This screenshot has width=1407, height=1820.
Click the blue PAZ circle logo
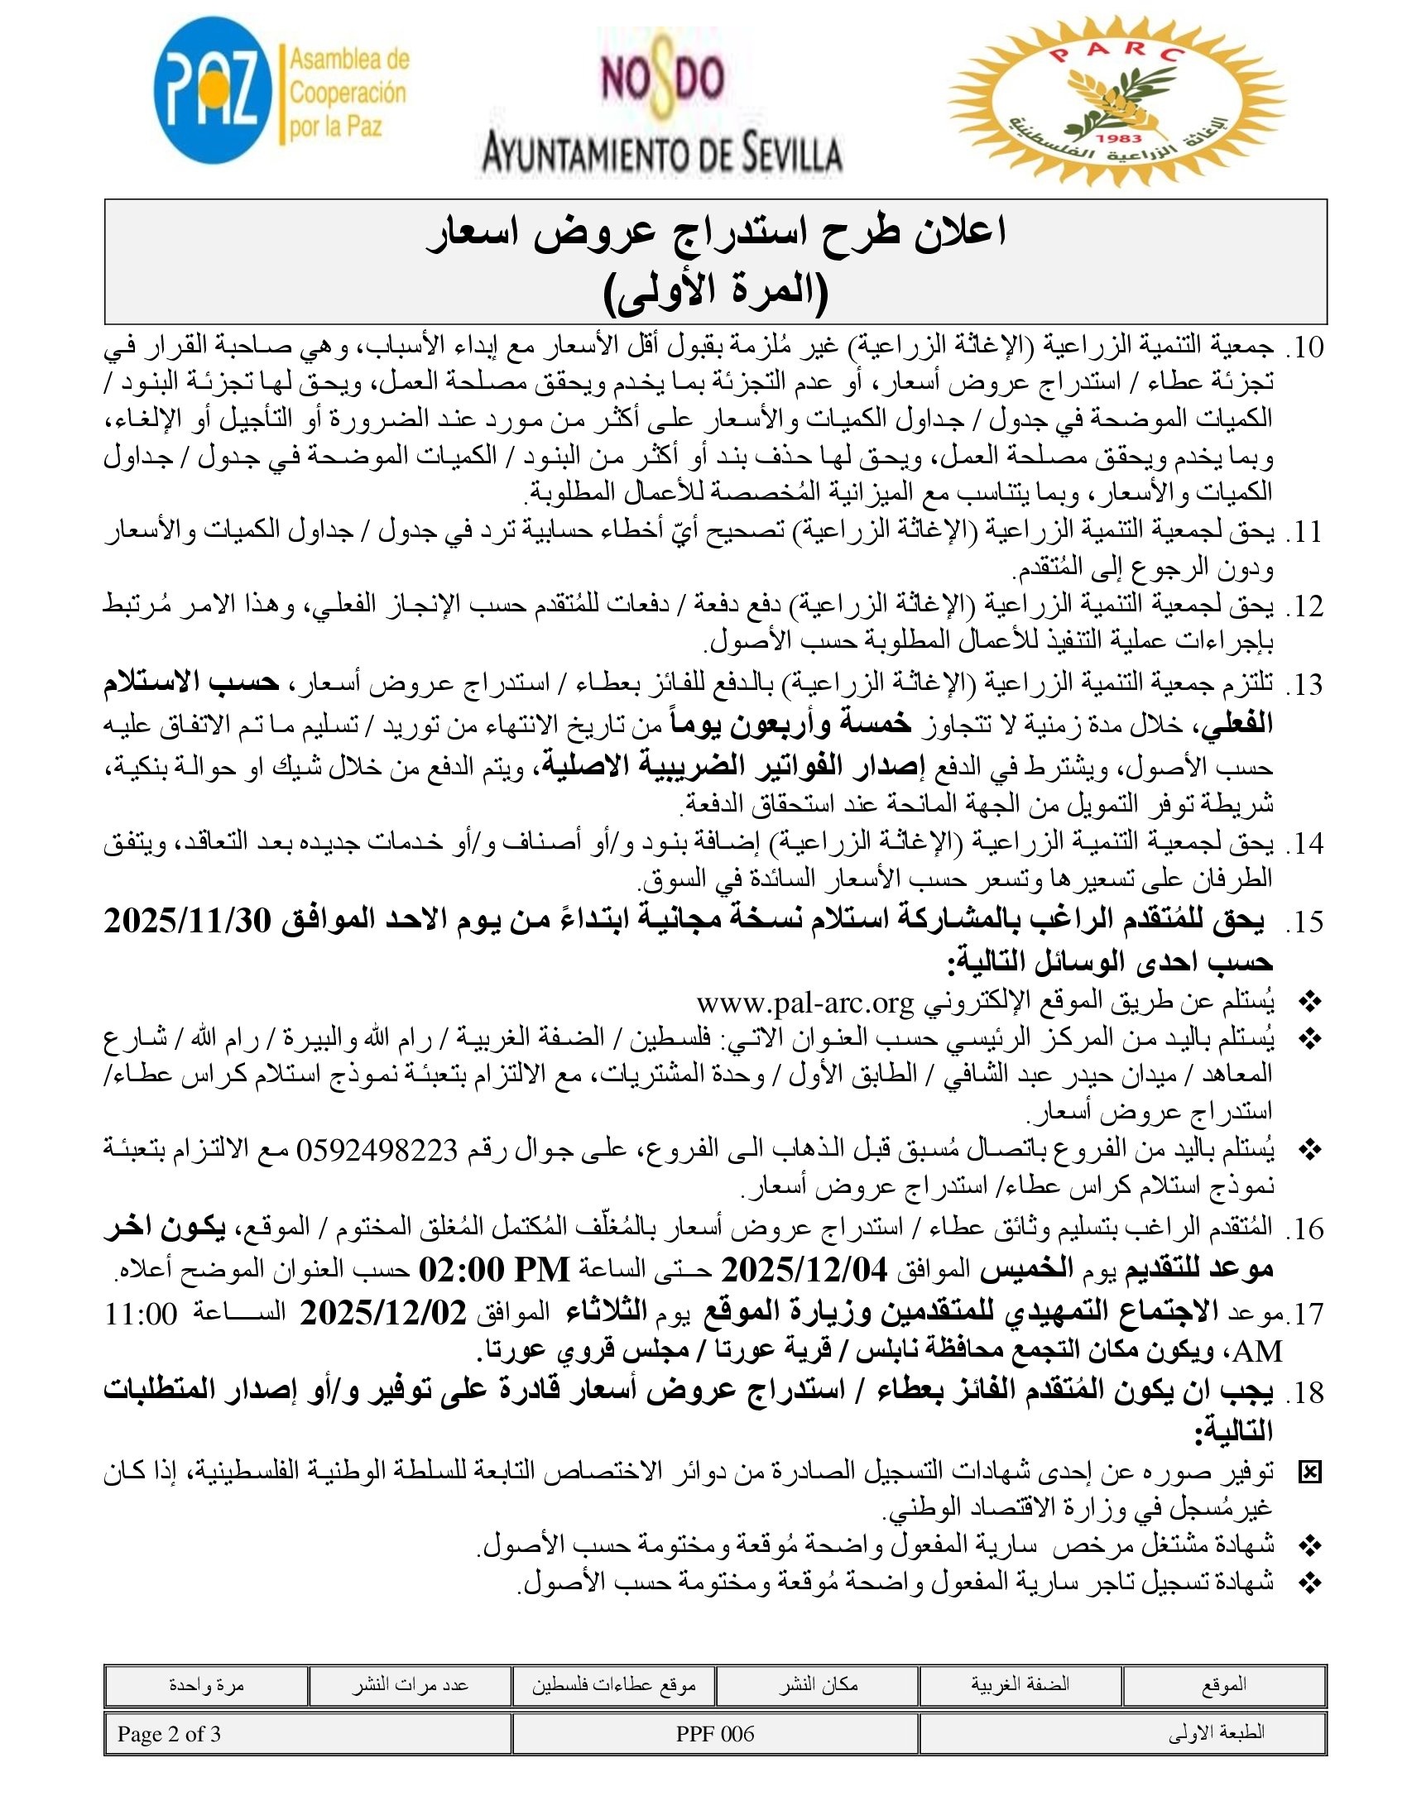pyautogui.click(x=214, y=93)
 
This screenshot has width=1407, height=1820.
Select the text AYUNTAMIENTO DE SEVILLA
pyautogui.click(x=663, y=155)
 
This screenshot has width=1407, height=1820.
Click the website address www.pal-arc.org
pyautogui.click(x=805, y=1003)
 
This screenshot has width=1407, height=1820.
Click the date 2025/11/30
pyautogui.click(x=189, y=922)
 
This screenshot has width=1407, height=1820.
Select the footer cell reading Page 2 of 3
pyautogui.click(x=169, y=1734)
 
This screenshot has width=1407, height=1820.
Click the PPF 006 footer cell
pyautogui.click(x=715, y=1734)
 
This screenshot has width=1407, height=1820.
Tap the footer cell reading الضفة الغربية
pyautogui.click(x=1020, y=1684)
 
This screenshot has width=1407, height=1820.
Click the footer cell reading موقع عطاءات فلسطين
pyautogui.click(x=614, y=1686)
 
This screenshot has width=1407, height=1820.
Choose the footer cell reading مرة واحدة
pyautogui.click(x=206, y=1686)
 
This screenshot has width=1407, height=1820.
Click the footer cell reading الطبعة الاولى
pyautogui.click(x=1216, y=1734)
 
